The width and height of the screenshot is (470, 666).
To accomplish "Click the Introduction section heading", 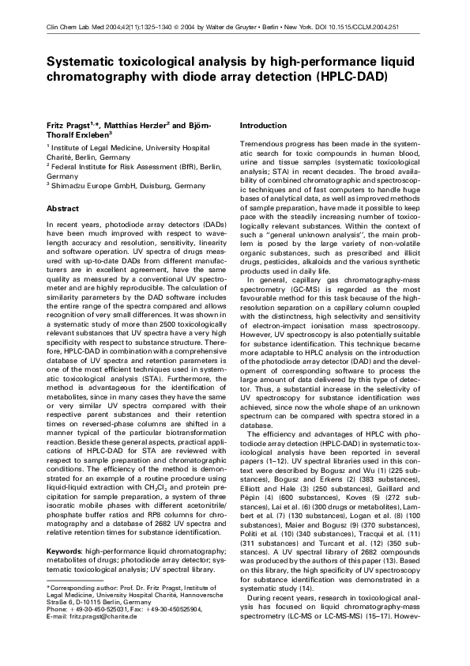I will click(263, 126).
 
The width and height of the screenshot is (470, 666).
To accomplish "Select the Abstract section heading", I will click(63, 208).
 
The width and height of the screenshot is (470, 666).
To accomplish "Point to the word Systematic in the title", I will click(86, 62).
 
